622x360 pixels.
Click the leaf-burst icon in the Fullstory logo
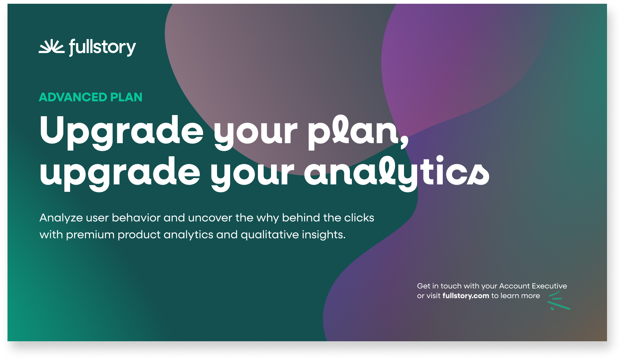click(x=51, y=47)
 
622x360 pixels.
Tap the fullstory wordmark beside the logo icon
click(x=102, y=47)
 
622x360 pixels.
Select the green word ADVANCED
click(x=73, y=97)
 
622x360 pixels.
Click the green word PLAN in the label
click(x=126, y=97)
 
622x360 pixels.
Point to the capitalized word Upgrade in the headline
click(x=121, y=131)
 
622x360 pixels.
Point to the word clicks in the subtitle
click(x=359, y=217)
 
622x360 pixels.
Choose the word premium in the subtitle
click(x=90, y=235)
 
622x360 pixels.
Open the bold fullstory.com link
click(x=466, y=296)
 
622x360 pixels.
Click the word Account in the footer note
click(x=515, y=286)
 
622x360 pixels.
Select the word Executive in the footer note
click(x=549, y=286)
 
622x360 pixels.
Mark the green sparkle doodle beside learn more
click(x=558, y=301)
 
